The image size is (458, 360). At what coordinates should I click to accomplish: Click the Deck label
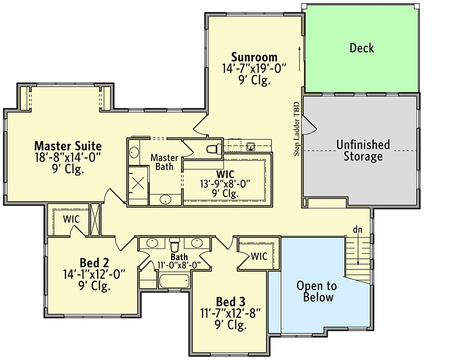tap(361, 48)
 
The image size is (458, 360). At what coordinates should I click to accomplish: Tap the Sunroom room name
tap(254, 57)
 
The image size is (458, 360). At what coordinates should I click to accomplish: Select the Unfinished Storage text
tap(363, 151)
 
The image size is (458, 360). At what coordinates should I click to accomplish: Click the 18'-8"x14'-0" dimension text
tap(67, 158)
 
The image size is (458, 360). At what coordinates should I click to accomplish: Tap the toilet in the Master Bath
tap(213, 148)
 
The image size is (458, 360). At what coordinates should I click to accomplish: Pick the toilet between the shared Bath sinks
tap(174, 244)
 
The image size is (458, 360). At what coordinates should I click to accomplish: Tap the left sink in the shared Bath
tap(152, 242)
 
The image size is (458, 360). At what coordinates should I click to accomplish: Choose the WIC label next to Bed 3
tap(259, 257)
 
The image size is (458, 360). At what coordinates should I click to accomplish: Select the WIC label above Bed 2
tap(71, 219)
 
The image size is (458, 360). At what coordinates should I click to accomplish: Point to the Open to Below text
tap(316, 292)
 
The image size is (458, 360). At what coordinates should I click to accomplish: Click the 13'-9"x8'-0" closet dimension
tap(226, 183)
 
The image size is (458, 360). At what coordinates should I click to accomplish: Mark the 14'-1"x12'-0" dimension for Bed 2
tap(94, 274)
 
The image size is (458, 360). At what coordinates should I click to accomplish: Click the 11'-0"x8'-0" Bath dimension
tap(179, 265)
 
